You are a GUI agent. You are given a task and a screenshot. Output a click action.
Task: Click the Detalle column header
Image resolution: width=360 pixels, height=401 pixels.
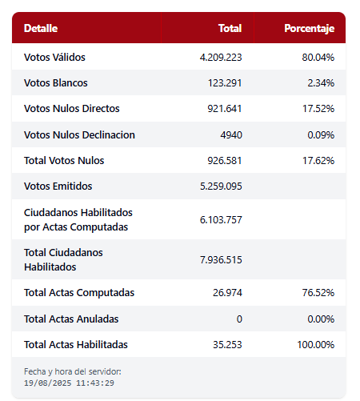(41, 28)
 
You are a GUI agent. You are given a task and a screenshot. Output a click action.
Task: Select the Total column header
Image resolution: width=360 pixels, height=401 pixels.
(230, 28)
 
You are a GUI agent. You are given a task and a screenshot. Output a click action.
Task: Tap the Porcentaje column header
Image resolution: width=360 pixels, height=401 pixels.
(310, 29)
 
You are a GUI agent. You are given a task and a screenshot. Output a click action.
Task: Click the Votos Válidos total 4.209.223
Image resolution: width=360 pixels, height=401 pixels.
(221, 58)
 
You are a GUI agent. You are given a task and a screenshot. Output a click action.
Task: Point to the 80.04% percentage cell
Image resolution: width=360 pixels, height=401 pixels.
(318, 58)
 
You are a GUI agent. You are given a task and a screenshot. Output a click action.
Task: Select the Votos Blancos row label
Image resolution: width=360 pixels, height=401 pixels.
(56, 83)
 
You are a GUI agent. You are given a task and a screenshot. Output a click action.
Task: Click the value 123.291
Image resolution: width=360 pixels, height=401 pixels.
(225, 83)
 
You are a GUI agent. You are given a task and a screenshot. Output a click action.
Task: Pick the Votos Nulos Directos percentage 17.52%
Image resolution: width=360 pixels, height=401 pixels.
(318, 109)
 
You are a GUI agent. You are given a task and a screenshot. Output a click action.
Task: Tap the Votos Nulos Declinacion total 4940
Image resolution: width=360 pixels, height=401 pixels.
(231, 135)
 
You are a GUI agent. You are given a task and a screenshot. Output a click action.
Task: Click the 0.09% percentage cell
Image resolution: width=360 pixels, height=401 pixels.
(321, 135)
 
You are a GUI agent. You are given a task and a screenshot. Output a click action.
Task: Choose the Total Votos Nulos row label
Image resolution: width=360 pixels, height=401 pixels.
(64, 161)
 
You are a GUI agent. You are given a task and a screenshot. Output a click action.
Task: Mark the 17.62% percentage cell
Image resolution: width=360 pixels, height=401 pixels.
(318, 161)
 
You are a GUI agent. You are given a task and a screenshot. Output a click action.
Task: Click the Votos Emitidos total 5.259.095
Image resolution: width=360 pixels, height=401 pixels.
(221, 186)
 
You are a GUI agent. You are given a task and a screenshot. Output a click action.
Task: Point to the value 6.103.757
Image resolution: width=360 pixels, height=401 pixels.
(221, 220)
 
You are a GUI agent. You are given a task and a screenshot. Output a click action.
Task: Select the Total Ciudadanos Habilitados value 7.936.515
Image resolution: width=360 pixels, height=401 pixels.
(221, 260)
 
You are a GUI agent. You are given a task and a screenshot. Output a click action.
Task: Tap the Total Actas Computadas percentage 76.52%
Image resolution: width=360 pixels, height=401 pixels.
(318, 293)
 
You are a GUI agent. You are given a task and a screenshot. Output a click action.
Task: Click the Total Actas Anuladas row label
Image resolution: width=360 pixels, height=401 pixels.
(71, 319)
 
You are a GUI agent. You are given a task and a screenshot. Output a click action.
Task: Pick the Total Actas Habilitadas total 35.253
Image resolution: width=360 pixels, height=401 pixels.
(227, 345)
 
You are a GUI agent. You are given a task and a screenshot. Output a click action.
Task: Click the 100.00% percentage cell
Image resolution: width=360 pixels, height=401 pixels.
(316, 345)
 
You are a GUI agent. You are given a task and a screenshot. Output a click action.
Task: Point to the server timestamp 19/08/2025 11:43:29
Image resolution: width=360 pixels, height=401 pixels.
(69, 383)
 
